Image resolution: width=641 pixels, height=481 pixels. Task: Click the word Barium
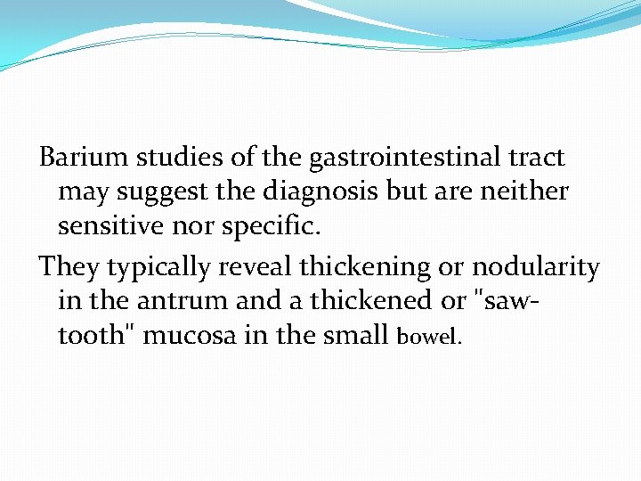pos(84,159)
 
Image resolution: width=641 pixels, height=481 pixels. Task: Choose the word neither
pos(524,192)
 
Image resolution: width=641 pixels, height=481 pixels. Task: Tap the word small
pos(358,335)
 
